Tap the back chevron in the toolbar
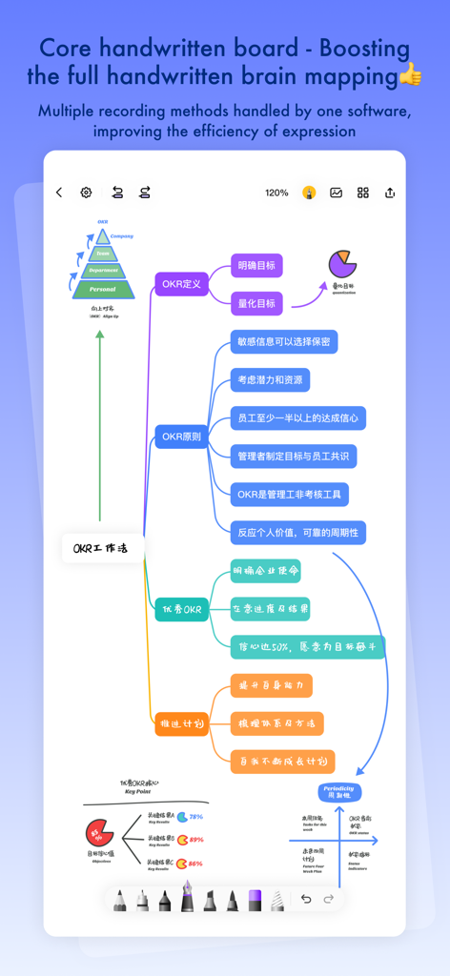(x=59, y=193)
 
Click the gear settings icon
(x=86, y=193)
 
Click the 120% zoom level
(x=276, y=193)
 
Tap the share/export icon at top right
(x=390, y=193)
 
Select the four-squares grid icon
(x=363, y=193)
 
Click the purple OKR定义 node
(x=181, y=284)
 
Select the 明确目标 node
(x=256, y=265)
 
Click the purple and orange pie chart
(x=340, y=264)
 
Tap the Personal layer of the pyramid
(x=102, y=288)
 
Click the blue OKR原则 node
(x=181, y=437)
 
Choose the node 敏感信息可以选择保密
(x=284, y=341)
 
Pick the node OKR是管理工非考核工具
(x=290, y=494)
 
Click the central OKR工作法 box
(x=102, y=548)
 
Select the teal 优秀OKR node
(x=181, y=609)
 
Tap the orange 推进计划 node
(x=181, y=724)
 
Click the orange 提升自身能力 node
(x=271, y=685)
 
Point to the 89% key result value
(x=196, y=840)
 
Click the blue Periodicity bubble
(x=338, y=791)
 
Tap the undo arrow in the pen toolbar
(x=306, y=899)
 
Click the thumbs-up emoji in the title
(x=409, y=75)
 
